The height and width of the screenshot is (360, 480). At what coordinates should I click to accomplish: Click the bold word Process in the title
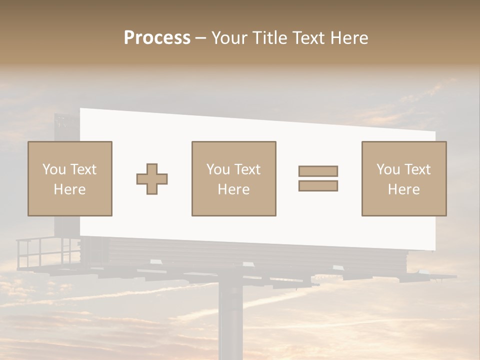tap(157, 38)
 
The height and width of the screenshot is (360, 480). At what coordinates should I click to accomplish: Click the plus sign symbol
tap(152, 179)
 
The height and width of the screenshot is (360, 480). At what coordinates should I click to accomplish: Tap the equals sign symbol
tap(318, 178)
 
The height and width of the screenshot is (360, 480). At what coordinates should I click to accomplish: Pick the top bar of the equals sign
tap(318, 171)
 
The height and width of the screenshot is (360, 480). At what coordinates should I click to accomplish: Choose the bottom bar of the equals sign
tap(318, 186)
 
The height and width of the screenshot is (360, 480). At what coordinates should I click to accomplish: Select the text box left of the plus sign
tap(70, 178)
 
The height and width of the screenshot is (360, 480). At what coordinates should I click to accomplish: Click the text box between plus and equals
tap(233, 178)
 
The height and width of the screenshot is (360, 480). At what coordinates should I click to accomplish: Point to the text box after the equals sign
tap(404, 178)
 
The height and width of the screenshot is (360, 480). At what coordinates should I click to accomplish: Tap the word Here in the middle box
tap(233, 189)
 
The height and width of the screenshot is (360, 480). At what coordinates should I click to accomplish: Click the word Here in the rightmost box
tap(404, 189)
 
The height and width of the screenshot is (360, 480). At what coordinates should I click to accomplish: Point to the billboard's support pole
tap(230, 320)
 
